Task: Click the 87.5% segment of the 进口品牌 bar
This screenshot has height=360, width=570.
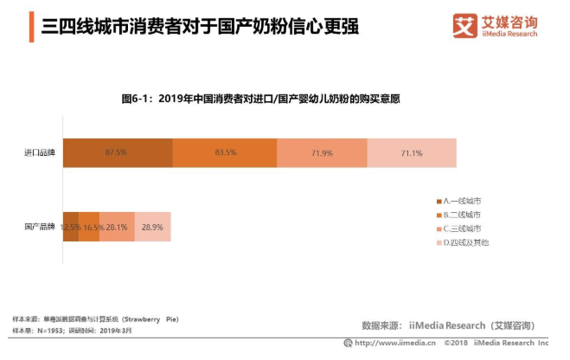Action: point(117,152)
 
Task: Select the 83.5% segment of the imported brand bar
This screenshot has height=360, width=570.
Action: point(225,152)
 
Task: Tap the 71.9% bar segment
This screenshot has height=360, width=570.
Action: point(322,152)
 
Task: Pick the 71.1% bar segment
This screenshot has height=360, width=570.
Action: point(412,152)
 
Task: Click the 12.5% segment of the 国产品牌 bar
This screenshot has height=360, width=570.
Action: point(70,227)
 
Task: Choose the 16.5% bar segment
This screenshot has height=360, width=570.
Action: point(90,227)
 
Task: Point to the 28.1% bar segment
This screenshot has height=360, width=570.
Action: point(117,227)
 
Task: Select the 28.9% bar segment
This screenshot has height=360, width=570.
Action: point(152,227)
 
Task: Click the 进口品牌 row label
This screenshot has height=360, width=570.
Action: point(40,152)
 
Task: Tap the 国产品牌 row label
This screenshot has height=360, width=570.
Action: point(40,227)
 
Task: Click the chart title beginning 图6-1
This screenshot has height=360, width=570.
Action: point(260,100)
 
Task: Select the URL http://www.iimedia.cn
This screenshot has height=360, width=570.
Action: point(394,343)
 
